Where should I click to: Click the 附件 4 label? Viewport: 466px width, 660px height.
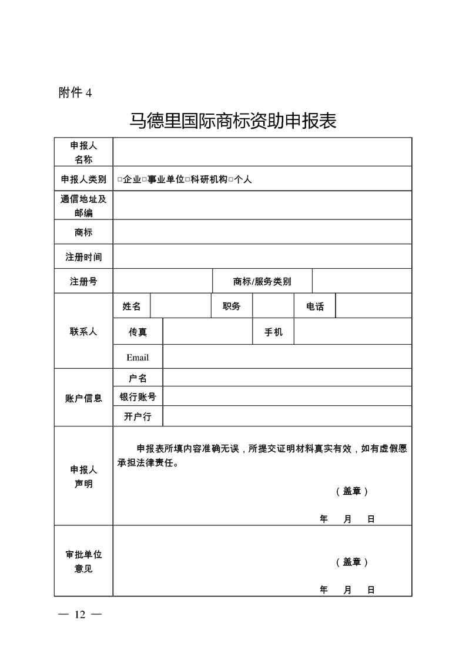75,92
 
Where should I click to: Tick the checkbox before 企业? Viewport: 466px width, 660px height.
120,179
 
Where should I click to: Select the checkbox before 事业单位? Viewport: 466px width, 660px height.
144,179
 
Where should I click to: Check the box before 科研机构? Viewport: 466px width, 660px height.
187,179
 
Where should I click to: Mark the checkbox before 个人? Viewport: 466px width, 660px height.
231,179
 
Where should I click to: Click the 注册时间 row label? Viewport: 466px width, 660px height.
83,256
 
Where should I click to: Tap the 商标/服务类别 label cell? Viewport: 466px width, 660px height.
262,281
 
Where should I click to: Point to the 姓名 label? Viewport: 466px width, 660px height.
132,306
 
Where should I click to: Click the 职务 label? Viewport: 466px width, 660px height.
232,306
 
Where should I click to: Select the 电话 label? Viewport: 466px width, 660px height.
315,306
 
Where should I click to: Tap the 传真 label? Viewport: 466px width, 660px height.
138,332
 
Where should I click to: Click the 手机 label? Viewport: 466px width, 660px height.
273,332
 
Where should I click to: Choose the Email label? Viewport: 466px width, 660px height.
138,357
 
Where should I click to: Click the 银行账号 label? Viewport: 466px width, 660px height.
138,396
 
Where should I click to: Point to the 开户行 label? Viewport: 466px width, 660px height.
138,416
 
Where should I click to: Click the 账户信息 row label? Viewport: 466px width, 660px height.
83,398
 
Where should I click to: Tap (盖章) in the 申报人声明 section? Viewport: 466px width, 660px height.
352,491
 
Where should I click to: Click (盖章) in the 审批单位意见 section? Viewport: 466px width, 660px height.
352,562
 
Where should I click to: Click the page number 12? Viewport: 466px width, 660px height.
80,615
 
